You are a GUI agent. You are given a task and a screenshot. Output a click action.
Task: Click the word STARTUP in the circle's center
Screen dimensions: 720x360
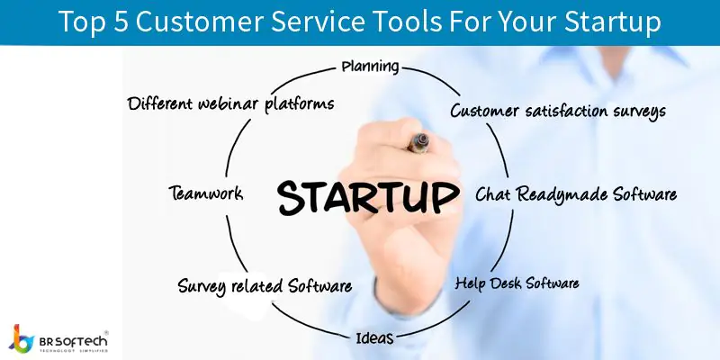click(368, 197)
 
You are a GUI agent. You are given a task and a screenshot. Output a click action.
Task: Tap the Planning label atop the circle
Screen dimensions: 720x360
click(370, 67)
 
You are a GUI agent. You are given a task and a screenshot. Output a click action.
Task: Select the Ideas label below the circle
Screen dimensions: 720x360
click(374, 338)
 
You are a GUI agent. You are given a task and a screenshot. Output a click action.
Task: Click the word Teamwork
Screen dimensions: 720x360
click(206, 193)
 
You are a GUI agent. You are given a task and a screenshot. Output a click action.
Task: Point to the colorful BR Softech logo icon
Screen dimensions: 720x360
click(21, 339)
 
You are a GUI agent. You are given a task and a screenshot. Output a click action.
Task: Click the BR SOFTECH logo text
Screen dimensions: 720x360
click(74, 341)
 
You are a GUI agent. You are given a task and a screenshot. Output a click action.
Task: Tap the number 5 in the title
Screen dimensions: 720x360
click(121, 21)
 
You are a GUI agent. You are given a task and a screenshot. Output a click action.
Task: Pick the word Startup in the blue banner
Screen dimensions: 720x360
click(613, 22)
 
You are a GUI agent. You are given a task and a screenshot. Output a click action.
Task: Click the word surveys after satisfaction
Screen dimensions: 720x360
click(640, 112)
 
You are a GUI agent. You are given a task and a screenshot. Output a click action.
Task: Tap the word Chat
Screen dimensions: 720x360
click(492, 193)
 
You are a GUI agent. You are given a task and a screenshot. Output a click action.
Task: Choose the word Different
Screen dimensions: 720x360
click(160, 103)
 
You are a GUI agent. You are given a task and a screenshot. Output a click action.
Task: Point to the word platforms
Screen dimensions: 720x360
click(300, 103)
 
